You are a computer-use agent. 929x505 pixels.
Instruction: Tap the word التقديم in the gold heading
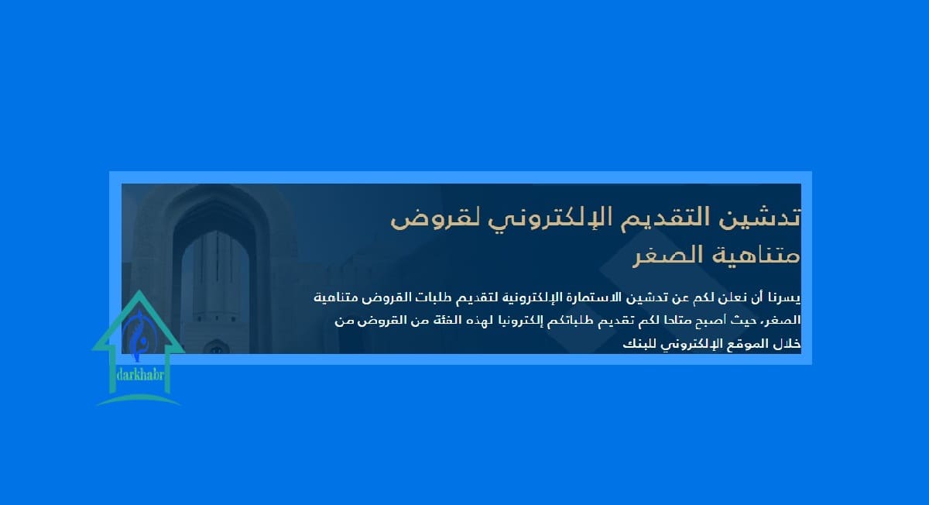(660, 217)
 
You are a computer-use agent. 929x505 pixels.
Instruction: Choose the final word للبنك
(638, 344)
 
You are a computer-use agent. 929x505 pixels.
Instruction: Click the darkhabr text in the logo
(140, 376)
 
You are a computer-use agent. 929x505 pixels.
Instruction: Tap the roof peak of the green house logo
(139, 290)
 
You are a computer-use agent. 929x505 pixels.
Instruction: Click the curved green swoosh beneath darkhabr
(139, 399)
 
